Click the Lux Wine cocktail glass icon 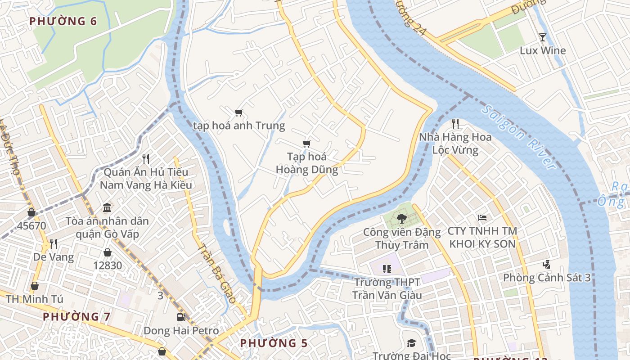tap(543, 37)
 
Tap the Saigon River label tap(519, 137)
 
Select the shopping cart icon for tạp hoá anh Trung tap(239, 112)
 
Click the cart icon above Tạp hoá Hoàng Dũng tap(307, 144)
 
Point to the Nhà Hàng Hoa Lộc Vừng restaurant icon tap(455, 123)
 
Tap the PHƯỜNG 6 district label tap(63, 21)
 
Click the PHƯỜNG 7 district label tap(76, 316)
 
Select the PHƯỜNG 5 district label tap(274, 343)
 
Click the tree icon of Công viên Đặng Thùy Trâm tap(401, 219)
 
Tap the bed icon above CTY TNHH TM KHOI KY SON tap(482, 218)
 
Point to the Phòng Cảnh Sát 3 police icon tap(547, 264)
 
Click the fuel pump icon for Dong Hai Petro tap(181, 317)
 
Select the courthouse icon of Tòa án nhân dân tap(107, 208)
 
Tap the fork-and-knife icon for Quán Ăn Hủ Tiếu tap(145, 158)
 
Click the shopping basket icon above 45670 tap(31, 212)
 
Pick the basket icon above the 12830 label tap(108, 252)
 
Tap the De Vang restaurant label tap(54, 257)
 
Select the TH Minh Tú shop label tap(35, 299)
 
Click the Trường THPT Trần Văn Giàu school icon tap(387, 269)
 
